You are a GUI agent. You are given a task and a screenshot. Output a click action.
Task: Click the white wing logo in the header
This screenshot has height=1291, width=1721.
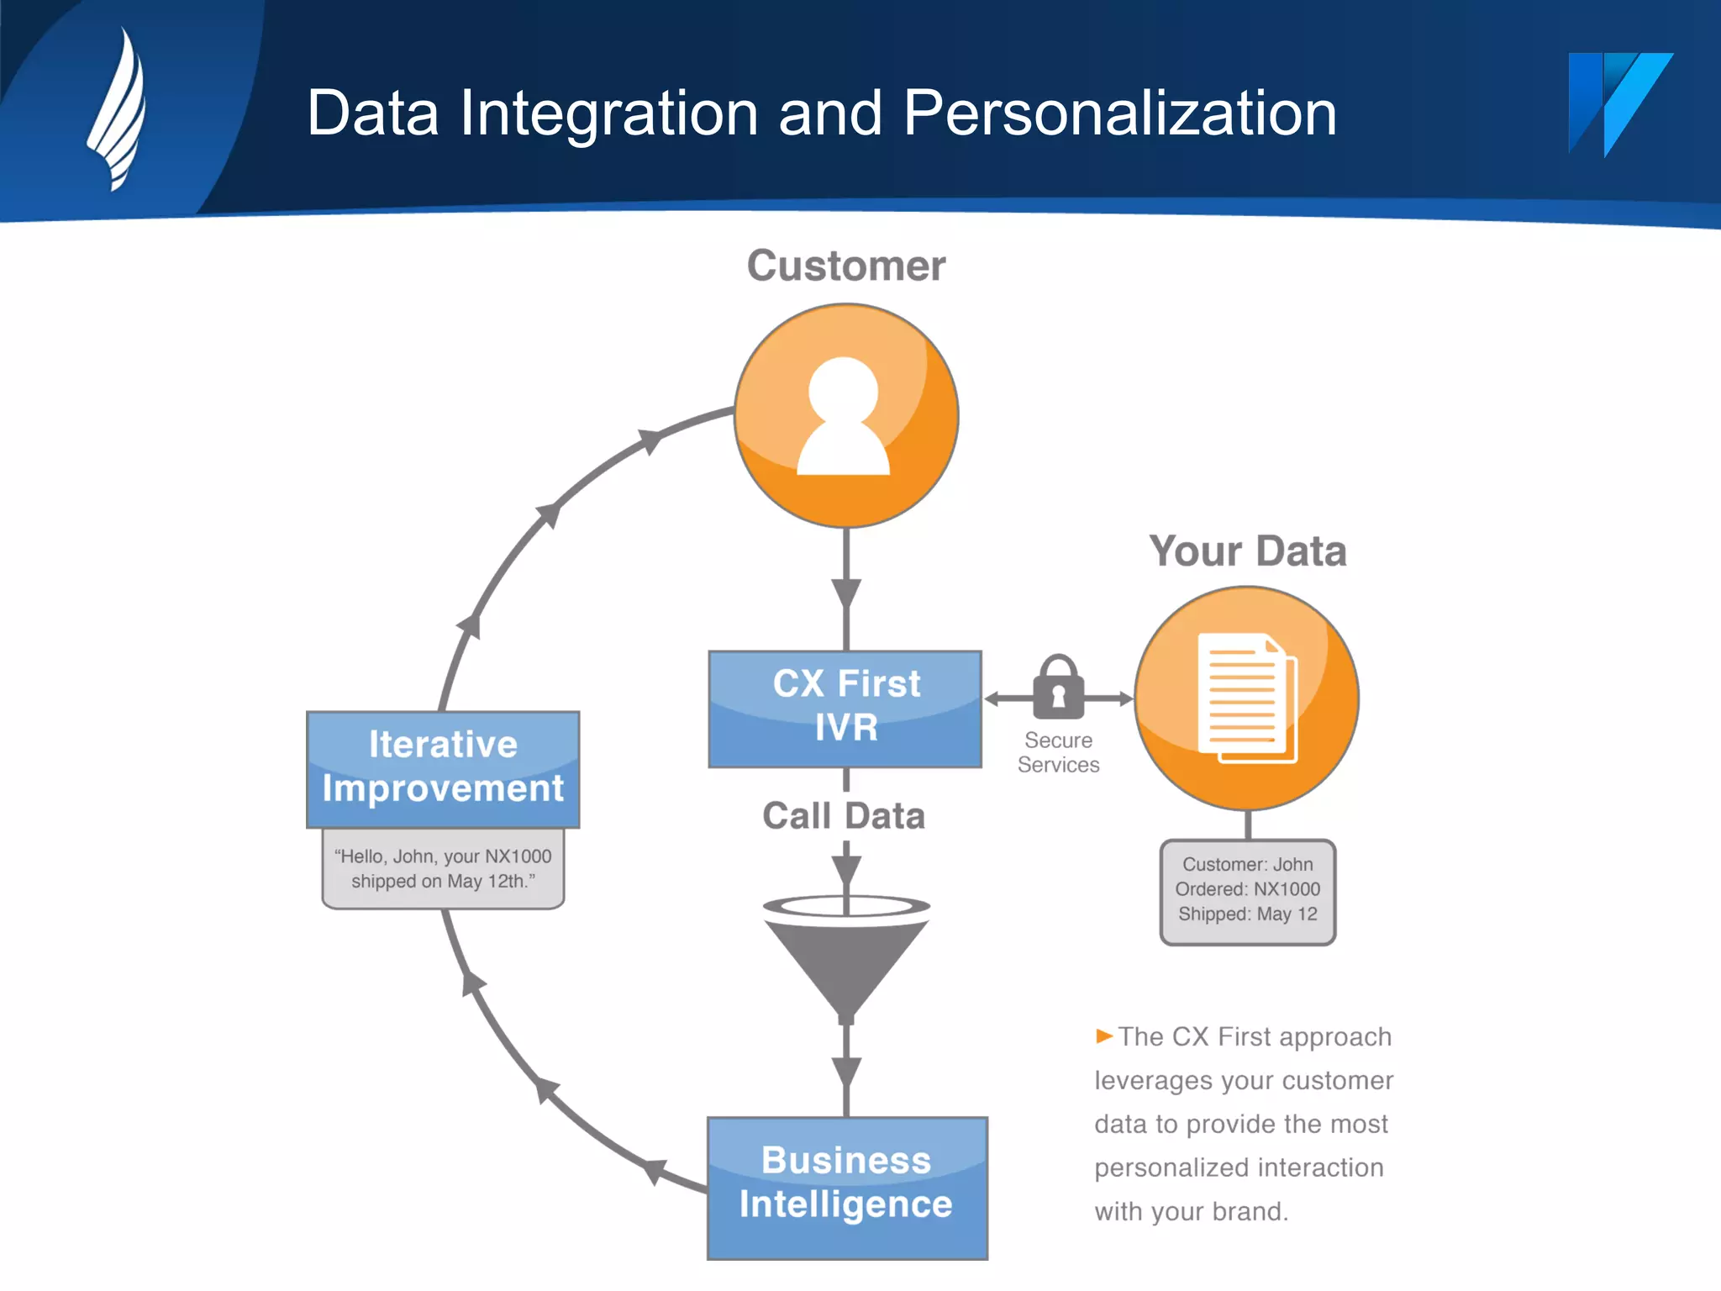click(x=118, y=109)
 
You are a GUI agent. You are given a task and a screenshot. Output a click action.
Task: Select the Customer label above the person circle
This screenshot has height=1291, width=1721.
click(x=845, y=266)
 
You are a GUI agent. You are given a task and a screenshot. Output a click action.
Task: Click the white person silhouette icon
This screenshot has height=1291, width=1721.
click(x=844, y=417)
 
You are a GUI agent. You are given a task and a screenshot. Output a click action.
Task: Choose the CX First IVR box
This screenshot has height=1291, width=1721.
click(x=845, y=708)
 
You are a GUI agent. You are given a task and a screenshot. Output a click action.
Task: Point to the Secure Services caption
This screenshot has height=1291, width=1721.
click(x=1058, y=752)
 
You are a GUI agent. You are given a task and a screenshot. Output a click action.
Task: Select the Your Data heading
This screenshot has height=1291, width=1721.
click(x=1247, y=551)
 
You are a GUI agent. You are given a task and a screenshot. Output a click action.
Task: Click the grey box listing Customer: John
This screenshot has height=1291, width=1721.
click(x=1247, y=891)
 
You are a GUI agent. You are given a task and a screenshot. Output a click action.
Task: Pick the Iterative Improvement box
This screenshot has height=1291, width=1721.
click(x=443, y=768)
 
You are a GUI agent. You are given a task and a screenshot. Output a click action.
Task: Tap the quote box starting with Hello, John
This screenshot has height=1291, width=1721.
click(x=443, y=869)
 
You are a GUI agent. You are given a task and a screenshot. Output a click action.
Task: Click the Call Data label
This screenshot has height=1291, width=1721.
click(x=844, y=815)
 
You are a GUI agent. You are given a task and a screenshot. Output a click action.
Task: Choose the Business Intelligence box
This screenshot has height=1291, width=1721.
click(x=847, y=1187)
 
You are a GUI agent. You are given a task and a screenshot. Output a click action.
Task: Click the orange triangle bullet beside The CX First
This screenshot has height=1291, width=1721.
click(x=1104, y=1035)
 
